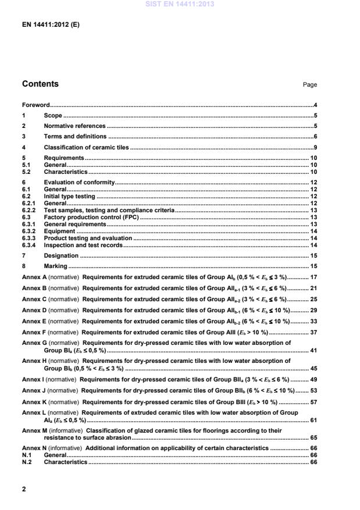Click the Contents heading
pos(40,84)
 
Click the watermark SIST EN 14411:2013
pos(180,4)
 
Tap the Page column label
pos(309,85)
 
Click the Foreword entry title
pos(35,105)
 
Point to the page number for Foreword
pos(315,105)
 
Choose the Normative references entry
pos(75,126)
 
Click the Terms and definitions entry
pos(73,136)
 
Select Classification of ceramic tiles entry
pos(86,147)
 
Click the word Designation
pos(61,255)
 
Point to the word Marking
pos(55,266)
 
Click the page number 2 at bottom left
pos(24,489)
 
